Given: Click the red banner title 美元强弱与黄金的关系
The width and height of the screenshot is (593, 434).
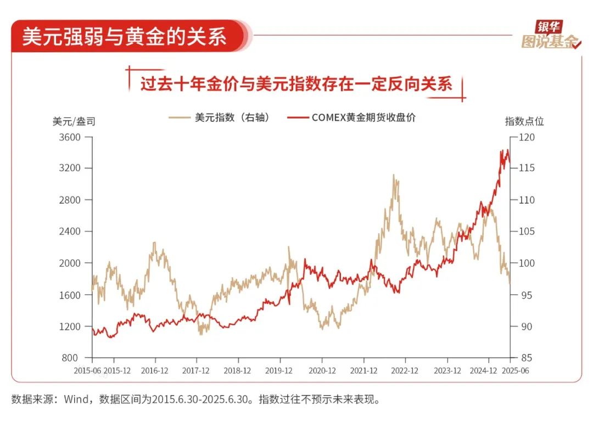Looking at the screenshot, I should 124,37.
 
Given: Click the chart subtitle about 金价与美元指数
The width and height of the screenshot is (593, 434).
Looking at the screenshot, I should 296,84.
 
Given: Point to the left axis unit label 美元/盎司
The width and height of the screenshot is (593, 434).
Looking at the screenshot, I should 74,121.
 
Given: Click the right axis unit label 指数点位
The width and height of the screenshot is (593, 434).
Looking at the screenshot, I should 524,121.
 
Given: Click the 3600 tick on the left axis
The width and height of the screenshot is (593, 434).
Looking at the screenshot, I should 70,137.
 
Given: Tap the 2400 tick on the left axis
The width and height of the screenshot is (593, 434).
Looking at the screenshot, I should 70,232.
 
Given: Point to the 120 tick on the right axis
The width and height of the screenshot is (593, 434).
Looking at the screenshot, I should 527,137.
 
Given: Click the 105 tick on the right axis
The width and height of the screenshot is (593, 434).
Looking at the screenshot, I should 527,232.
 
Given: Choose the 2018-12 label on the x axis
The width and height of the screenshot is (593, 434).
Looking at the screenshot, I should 237,371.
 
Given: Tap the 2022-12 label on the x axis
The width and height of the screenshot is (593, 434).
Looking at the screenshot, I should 405,371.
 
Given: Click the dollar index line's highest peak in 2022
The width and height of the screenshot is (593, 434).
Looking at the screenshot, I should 393,175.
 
